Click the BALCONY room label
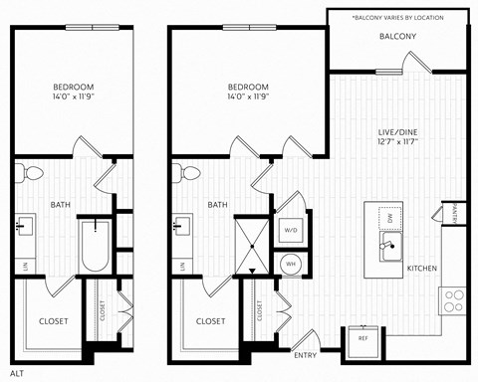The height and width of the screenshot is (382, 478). (x=397, y=37)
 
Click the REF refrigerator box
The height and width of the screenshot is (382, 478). (x=363, y=338)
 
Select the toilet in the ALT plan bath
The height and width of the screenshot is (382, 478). (x=31, y=174)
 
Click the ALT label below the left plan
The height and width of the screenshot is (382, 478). (x=17, y=371)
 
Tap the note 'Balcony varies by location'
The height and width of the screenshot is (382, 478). (x=397, y=17)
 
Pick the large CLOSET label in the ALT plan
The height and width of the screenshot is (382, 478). (x=53, y=321)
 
